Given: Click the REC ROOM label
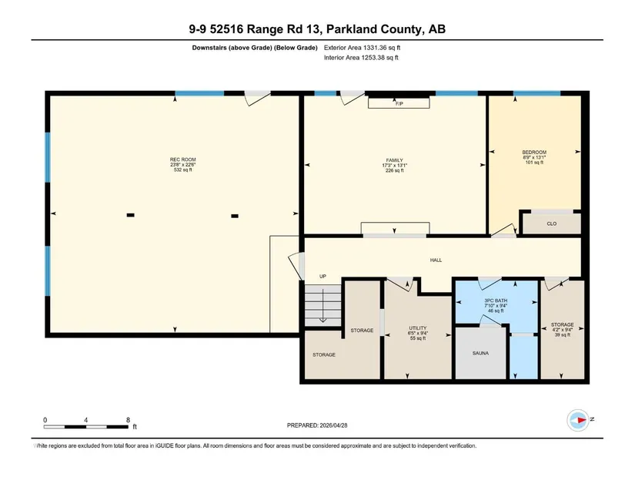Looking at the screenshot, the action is (182, 160).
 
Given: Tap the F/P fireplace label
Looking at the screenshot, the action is (399, 104).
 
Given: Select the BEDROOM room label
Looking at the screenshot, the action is (534, 152).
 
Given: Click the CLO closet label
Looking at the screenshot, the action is (552, 223).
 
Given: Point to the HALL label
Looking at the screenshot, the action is (436, 260).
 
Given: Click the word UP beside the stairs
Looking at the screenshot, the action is (323, 276).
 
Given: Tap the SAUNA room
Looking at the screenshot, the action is (480, 353).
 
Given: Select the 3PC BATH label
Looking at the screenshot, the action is (496, 301).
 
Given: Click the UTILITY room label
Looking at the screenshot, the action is (417, 328).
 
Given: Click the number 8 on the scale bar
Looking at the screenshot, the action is (128, 420).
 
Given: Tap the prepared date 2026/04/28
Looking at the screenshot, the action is (334, 425).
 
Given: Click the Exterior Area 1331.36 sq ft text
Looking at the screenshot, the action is (362, 48).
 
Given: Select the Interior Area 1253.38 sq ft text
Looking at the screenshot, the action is (361, 58).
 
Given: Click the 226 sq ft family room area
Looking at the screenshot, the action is (394, 170).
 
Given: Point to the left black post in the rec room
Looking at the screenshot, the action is (130, 215).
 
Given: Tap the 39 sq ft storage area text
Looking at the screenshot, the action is (562, 334).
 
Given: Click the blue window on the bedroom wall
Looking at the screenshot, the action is (536, 93).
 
